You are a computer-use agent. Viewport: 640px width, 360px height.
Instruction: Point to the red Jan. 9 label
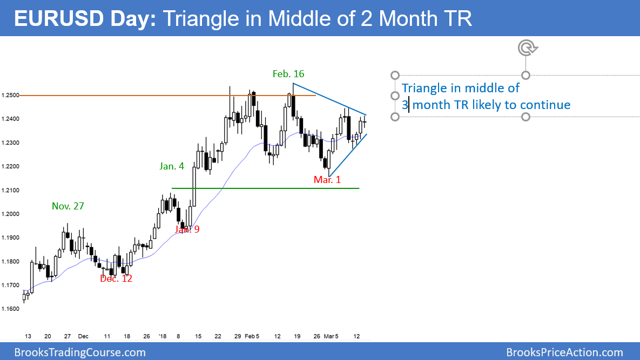point(187,229)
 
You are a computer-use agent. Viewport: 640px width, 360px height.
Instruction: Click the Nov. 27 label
point(68,206)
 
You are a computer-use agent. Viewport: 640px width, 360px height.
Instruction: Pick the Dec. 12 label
point(116,279)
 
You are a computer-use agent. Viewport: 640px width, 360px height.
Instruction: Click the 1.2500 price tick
point(10,96)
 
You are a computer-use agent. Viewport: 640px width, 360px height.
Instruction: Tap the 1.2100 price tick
point(10,191)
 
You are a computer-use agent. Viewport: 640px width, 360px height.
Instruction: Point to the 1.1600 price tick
point(10,309)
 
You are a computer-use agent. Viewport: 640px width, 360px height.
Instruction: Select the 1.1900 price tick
point(10,238)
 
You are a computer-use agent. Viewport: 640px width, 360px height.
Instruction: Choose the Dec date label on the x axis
point(82,336)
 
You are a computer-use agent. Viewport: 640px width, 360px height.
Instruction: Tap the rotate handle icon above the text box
point(525,49)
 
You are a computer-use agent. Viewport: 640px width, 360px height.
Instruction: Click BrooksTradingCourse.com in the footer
point(80,352)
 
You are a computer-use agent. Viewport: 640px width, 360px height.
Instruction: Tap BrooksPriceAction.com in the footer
point(564,352)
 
